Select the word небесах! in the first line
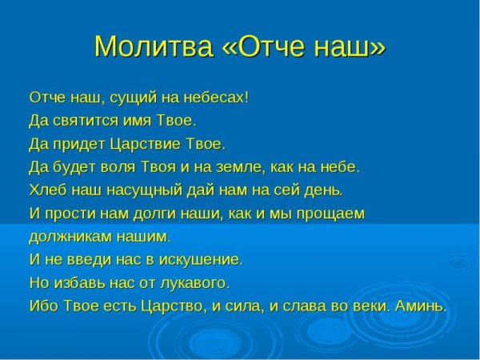click(217, 98)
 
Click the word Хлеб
click(46, 190)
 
